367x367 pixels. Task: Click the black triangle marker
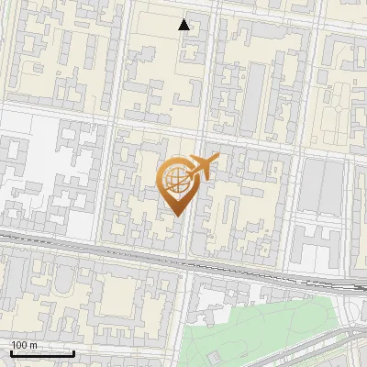[x=184, y=25]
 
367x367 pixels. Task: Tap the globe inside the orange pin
[x=175, y=178]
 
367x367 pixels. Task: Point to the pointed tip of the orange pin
[x=176, y=216]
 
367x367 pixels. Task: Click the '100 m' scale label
[x=24, y=345]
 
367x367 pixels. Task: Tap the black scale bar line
[x=42, y=353]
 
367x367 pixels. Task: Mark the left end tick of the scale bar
[x=11, y=352]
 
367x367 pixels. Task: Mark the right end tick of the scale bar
[x=73, y=352]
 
